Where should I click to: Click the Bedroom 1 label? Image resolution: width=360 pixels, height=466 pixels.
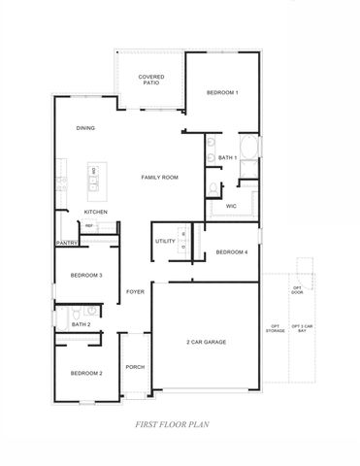pos(222,92)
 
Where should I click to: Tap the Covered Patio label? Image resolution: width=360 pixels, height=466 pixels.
pos(149,80)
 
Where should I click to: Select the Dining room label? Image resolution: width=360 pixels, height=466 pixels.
pos(85,128)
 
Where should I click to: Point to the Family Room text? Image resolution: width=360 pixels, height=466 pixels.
pos(160,178)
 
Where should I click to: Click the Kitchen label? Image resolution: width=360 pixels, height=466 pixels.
pos(95,212)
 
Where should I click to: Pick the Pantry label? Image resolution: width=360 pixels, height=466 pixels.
pos(66,243)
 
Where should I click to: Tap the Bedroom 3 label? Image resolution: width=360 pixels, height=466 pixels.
pos(87,276)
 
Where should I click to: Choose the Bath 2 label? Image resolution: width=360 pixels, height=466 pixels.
pos(82,324)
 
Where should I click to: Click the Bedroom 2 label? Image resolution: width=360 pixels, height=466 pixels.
pos(86,373)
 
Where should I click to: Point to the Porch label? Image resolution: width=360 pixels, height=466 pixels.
pos(135,367)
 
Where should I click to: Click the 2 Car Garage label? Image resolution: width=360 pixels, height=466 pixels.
pos(206,343)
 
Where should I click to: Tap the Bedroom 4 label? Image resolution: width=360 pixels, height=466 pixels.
pos(232,252)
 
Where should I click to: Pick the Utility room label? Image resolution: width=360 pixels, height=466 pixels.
pos(164,242)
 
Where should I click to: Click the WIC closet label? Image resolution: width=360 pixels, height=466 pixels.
pos(232,206)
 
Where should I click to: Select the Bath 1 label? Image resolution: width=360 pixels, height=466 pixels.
pos(227,157)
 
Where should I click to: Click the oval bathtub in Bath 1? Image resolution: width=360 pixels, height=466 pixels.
pos(247,150)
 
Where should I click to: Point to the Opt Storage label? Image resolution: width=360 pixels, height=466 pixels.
pos(276,329)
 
